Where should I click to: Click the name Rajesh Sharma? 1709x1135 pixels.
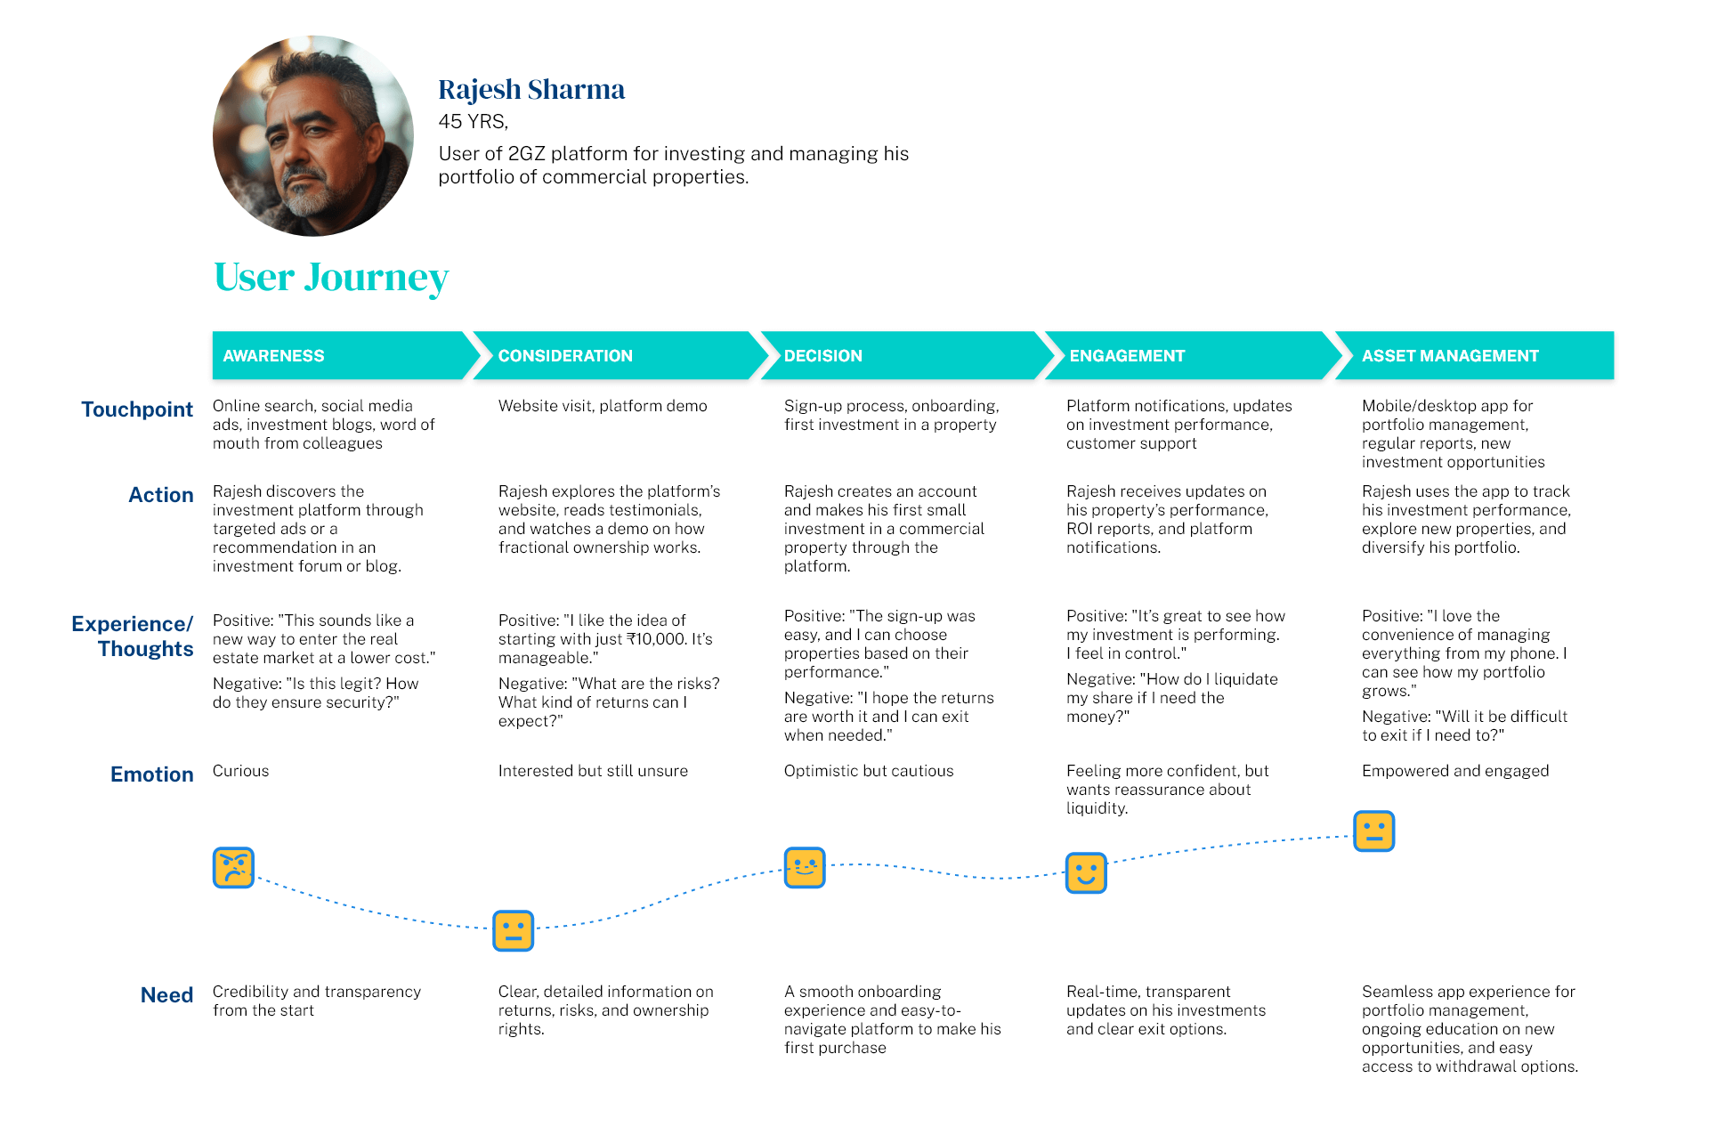(531, 90)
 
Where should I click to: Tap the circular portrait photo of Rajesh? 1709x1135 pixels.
(313, 136)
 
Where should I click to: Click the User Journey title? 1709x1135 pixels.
(331, 278)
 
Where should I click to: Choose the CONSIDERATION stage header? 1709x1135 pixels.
(620, 356)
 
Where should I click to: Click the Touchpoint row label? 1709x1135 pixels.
(137, 409)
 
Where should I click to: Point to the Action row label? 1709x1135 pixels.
(161, 495)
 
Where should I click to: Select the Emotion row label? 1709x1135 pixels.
(152, 774)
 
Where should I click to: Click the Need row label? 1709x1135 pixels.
(167, 995)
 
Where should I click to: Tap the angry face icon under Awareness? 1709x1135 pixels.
(234, 868)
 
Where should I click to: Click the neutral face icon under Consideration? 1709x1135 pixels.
(514, 931)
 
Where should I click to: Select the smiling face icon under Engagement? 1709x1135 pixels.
(1086, 873)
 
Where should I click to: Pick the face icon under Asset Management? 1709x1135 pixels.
(1374, 831)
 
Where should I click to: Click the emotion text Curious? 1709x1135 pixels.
(240, 771)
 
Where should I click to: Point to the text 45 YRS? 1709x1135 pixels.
(473, 122)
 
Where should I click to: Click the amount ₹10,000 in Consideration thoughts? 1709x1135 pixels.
(657, 639)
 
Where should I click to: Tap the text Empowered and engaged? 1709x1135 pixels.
(1455, 771)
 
